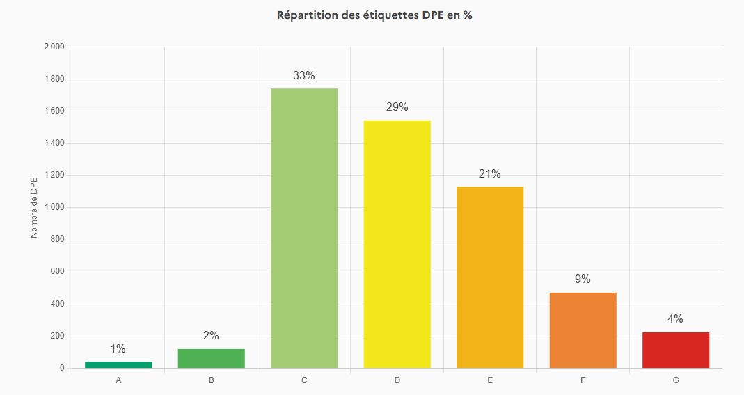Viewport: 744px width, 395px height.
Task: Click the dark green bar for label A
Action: click(x=118, y=364)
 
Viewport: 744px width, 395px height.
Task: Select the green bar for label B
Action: click(x=211, y=358)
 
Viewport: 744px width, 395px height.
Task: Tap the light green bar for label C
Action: click(x=304, y=228)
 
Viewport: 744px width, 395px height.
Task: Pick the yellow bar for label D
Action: click(x=397, y=244)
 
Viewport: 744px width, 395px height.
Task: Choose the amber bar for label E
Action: click(x=490, y=277)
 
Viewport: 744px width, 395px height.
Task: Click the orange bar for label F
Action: click(x=583, y=330)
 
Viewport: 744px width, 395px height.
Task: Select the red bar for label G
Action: click(x=675, y=350)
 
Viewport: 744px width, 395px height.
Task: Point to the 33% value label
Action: click(x=304, y=76)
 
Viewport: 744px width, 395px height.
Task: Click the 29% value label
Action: click(x=397, y=107)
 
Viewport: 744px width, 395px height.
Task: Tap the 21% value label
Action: click(x=490, y=174)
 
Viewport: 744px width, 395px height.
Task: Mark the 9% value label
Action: click(x=583, y=279)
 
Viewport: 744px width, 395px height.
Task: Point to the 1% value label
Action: click(x=118, y=349)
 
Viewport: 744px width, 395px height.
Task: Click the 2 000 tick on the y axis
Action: click(x=54, y=47)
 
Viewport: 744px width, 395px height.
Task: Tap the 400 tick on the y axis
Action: click(x=57, y=304)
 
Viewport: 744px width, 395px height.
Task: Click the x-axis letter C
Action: click(x=304, y=380)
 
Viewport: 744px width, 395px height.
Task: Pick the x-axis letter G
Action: click(x=675, y=380)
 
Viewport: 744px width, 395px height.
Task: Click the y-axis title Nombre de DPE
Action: click(x=34, y=208)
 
